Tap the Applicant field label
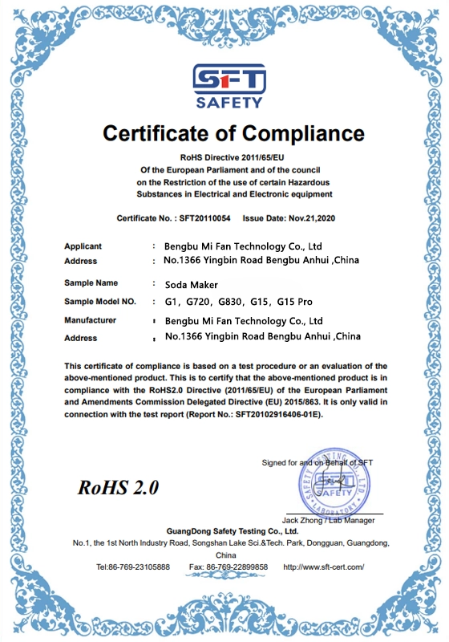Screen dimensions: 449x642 coord(83,246)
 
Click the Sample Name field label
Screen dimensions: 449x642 coord(91,283)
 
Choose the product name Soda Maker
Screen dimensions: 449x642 coord(191,284)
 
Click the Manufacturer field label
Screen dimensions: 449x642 coord(90,320)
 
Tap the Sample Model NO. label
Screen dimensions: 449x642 coord(100,302)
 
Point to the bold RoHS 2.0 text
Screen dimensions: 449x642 coord(119,487)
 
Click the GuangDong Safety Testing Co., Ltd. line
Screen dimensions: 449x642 coord(233,531)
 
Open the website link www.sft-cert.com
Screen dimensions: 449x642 coord(324,567)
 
